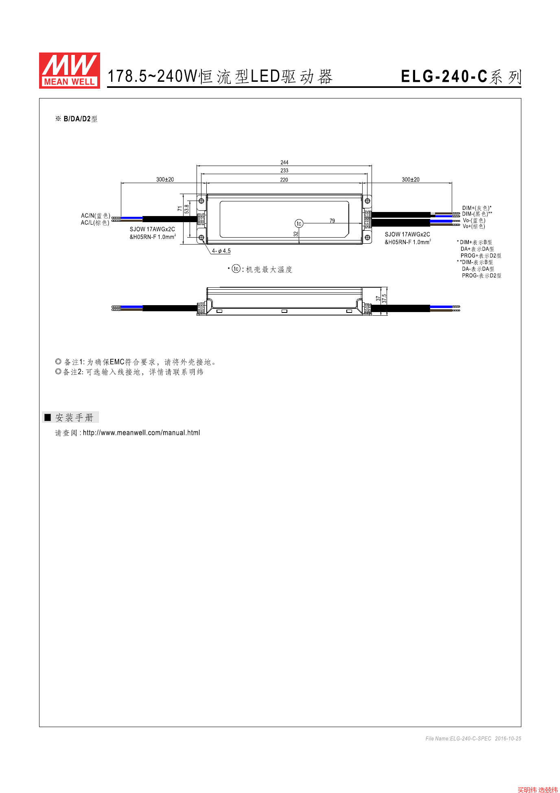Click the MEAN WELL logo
click(x=70, y=70)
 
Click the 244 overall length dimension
click(x=284, y=162)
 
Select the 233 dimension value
click(x=284, y=170)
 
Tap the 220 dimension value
click(x=284, y=180)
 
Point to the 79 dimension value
click(x=332, y=221)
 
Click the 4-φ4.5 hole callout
click(x=221, y=251)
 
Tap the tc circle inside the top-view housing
click(x=299, y=223)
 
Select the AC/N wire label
click(x=96, y=216)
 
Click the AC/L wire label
click(x=95, y=223)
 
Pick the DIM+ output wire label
click(x=477, y=208)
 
